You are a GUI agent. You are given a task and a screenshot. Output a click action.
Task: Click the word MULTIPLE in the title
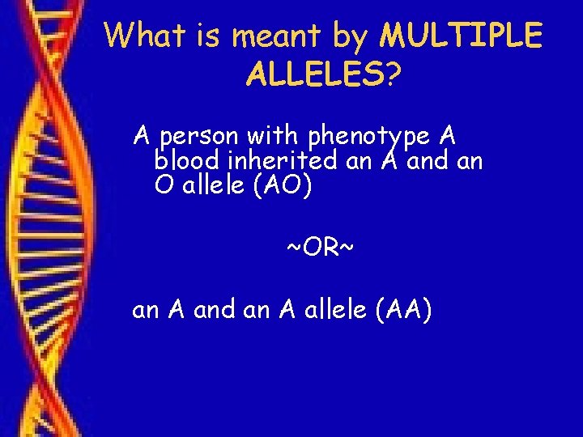(x=462, y=36)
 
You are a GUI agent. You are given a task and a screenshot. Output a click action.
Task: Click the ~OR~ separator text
(x=320, y=247)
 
